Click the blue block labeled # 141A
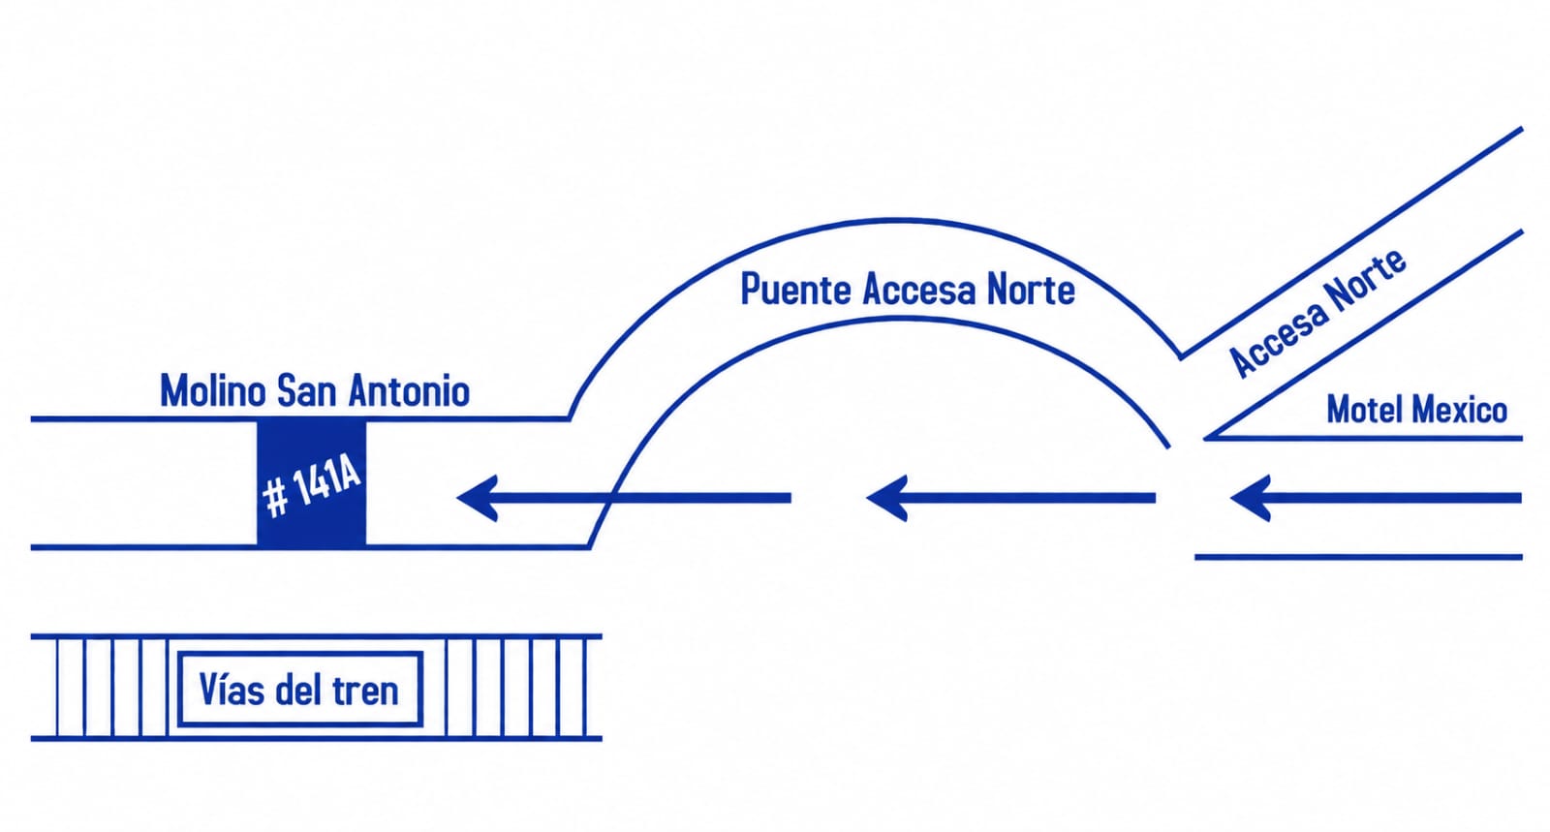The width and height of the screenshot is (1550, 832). [x=311, y=482]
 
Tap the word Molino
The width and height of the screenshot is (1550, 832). [x=213, y=390]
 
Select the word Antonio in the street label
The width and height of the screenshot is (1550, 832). [x=409, y=390]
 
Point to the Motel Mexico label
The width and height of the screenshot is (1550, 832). [x=1416, y=410]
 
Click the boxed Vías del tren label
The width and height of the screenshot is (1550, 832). [x=299, y=689]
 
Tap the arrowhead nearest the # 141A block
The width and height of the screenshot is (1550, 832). [x=479, y=498]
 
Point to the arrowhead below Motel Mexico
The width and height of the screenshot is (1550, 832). [x=1251, y=498]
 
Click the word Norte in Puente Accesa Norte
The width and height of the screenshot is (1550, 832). [x=1031, y=289]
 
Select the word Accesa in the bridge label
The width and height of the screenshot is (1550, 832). [x=919, y=289]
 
